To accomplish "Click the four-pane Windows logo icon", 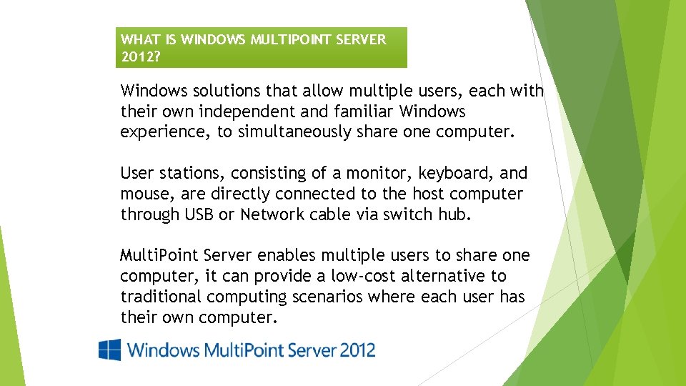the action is [x=110, y=350].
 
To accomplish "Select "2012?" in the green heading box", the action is [x=141, y=57].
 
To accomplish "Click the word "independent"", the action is [x=247, y=112].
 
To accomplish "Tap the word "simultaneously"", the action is [x=294, y=132].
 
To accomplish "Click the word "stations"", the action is [x=192, y=173].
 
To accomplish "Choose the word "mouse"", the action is [x=147, y=194].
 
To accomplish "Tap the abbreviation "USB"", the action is [x=199, y=214].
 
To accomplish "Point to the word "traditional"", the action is [x=161, y=296].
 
